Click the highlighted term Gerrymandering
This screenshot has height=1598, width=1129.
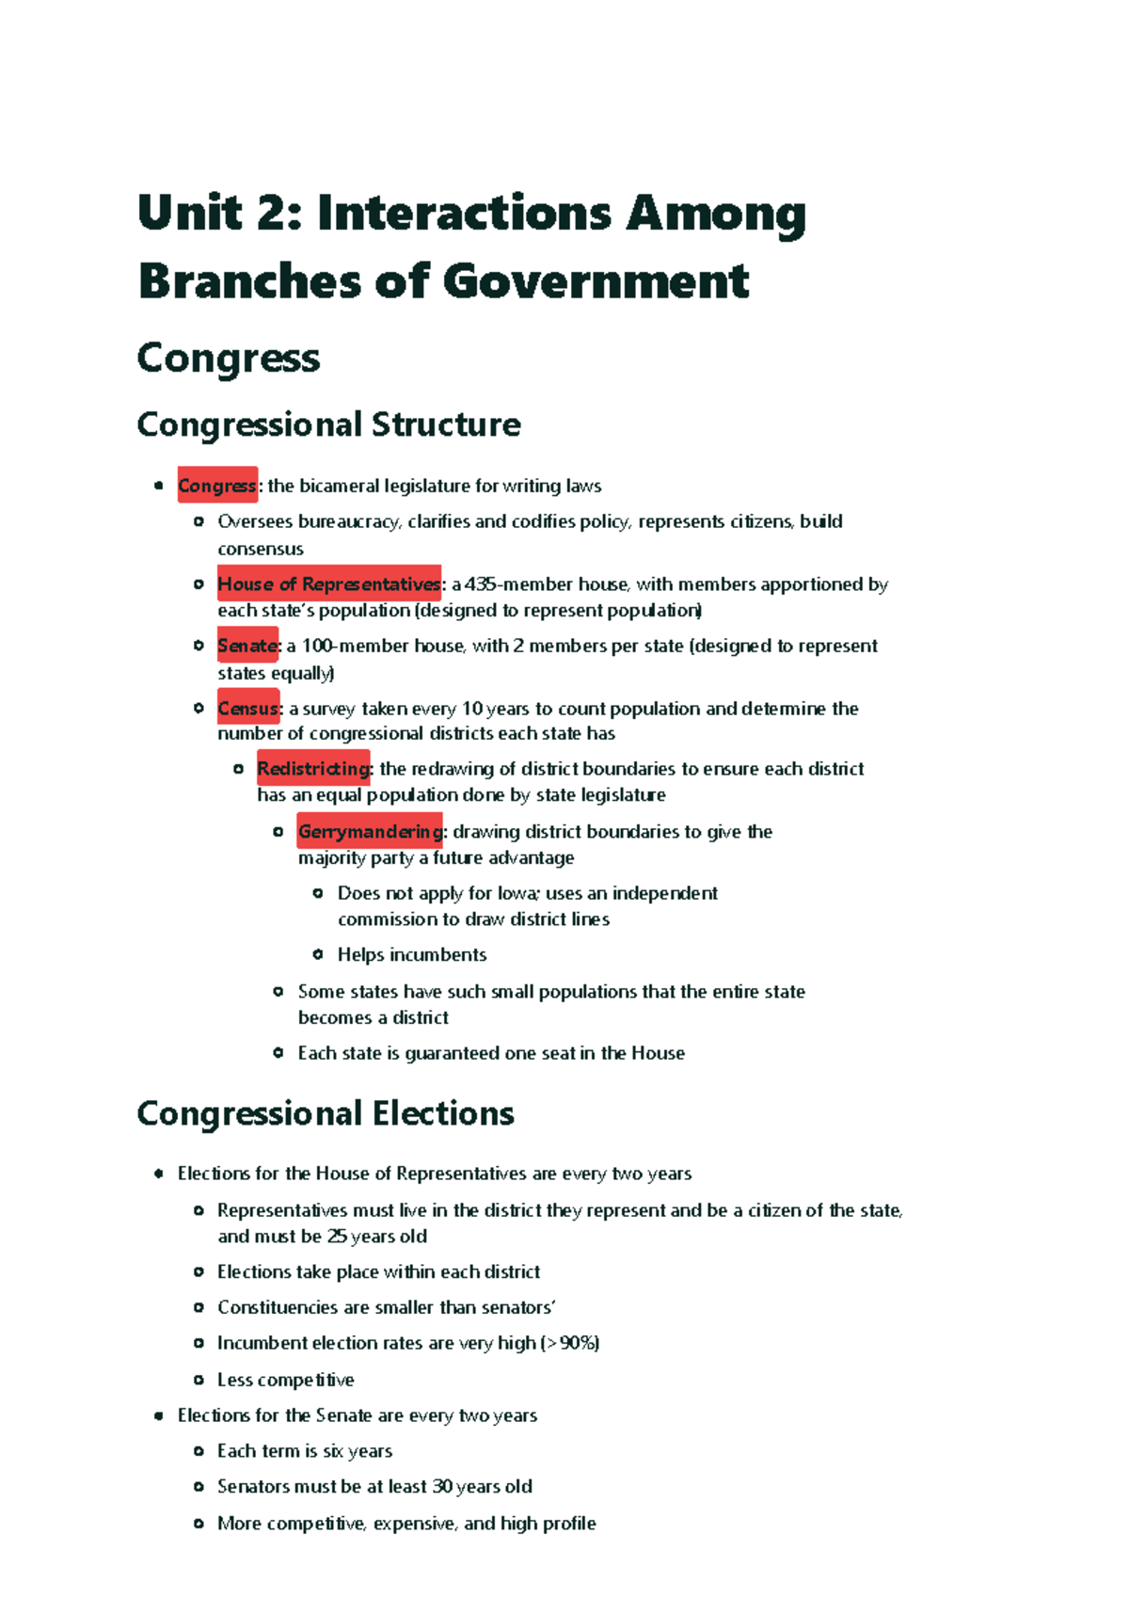tap(370, 831)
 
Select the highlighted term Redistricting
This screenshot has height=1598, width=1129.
tap(314, 769)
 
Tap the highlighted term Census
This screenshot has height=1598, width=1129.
tap(248, 708)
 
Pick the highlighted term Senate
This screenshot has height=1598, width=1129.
tap(247, 646)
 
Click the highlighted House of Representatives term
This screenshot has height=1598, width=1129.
tap(328, 584)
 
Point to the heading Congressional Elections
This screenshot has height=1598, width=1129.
tap(326, 1113)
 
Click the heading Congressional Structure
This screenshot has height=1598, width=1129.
tap(328, 424)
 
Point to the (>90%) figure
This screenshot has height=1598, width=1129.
tap(570, 1343)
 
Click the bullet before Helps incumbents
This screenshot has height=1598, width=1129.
tap(318, 954)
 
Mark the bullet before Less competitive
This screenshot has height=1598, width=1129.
tap(199, 1380)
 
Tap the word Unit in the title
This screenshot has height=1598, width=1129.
tap(190, 213)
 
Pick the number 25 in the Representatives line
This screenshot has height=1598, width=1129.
tap(337, 1237)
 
